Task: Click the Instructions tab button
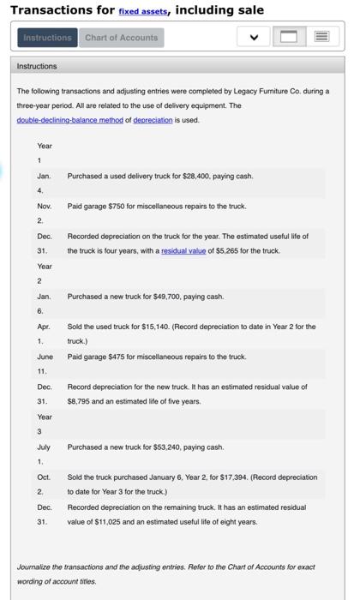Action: (48, 38)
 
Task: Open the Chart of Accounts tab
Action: (121, 38)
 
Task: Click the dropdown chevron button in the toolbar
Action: (255, 38)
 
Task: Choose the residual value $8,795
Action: (81, 401)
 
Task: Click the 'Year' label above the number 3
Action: (44, 417)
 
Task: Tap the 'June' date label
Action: (45, 357)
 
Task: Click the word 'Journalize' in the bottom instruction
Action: (37, 567)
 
